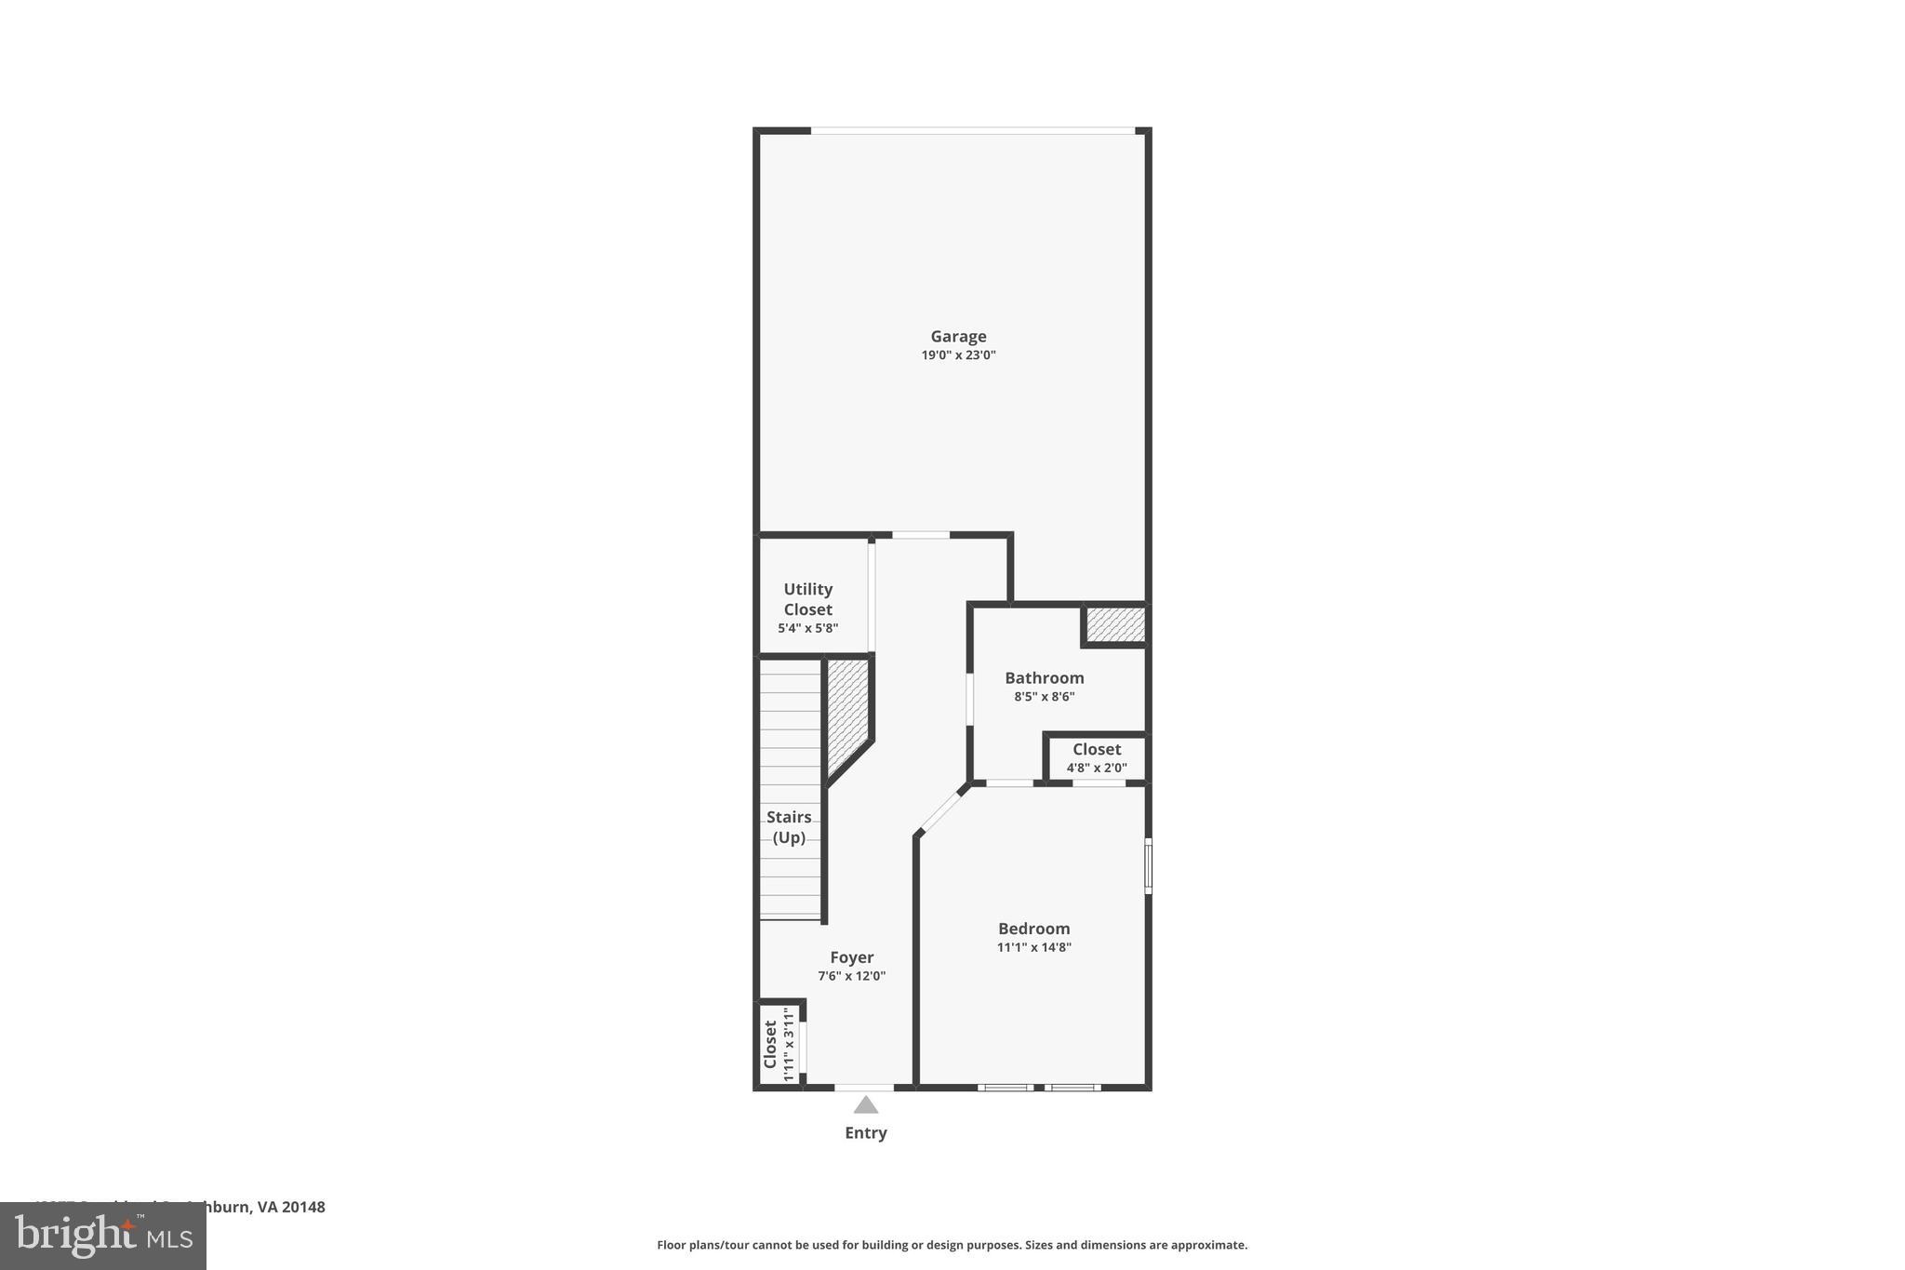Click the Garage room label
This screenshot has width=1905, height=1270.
(958, 337)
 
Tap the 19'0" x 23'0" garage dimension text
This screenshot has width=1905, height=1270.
(958, 355)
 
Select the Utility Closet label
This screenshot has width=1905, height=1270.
(807, 599)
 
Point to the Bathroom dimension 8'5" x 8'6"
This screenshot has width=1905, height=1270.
(1044, 697)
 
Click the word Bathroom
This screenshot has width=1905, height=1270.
(1044, 678)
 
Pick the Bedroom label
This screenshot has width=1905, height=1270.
(1033, 929)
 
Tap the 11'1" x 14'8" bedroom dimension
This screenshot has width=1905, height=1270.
(1033, 948)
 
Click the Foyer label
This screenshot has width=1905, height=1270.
(851, 957)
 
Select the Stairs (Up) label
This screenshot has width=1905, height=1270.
(789, 827)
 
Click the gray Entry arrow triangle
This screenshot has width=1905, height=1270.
(866, 1105)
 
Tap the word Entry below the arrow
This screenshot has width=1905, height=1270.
(866, 1133)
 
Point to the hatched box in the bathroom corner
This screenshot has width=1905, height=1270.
(1114, 624)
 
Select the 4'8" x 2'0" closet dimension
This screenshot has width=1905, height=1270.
(1096, 769)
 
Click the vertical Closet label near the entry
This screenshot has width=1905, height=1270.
(770, 1044)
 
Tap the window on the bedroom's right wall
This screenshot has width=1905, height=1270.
(1148, 866)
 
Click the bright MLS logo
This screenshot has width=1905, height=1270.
(103, 1237)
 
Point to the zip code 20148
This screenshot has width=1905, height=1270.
(303, 1208)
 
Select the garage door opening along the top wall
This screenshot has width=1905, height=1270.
(972, 131)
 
